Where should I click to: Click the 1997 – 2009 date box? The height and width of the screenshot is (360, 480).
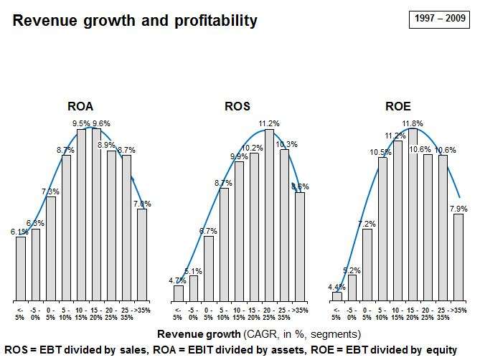pyautogui.click(x=436, y=20)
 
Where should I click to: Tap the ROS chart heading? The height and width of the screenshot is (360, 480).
pyautogui.click(x=237, y=106)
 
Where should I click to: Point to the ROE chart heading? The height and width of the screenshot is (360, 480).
pyautogui.click(x=397, y=106)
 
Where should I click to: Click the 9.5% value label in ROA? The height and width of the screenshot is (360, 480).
pyautogui.click(x=82, y=123)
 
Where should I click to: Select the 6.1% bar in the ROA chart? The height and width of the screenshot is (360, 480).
pyautogui.click(x=21, y=268)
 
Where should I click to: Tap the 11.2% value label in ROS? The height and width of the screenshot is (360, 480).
pyautogui.click(x=270, y=123)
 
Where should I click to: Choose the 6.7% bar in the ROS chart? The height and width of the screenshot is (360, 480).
pyautogui.click(x=208, y=267)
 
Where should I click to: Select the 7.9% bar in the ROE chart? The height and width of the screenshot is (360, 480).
pyautogui.click(x=458, y=257)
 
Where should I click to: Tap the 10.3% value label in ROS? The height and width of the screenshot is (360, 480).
pyautogui.click(x=286, y=144)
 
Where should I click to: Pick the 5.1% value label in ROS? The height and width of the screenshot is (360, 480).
pyautogui.click(x=193, y=271)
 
